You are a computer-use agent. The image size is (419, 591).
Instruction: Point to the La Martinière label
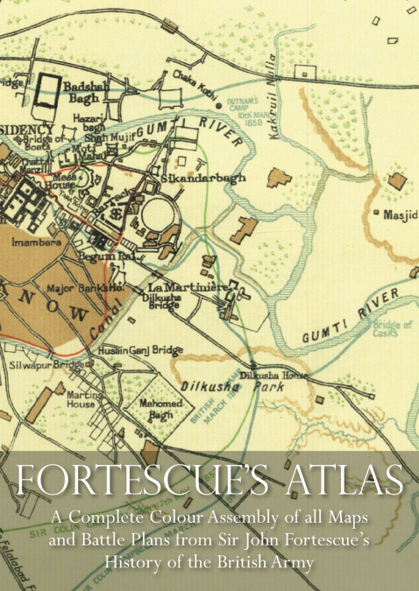[x=181, y=286]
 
